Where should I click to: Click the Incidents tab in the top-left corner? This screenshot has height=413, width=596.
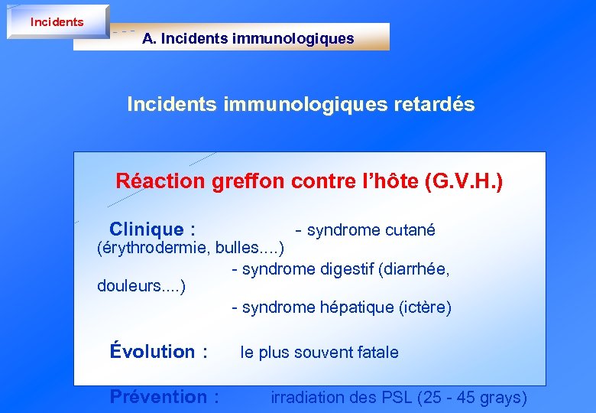(x=57, y=21)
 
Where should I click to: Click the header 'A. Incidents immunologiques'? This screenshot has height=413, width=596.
(x=248, y=38)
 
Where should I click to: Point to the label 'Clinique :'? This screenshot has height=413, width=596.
(x=152, y=229)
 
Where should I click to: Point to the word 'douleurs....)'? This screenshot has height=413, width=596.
(x=141, y=286)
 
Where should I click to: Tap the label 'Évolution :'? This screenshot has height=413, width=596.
(x=159, y=352)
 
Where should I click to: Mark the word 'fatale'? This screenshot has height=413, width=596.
(x=376, y=353)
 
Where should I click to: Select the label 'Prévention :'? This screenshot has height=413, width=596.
(x=164, y=397)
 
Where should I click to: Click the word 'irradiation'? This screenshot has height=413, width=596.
(x=306, y=398)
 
